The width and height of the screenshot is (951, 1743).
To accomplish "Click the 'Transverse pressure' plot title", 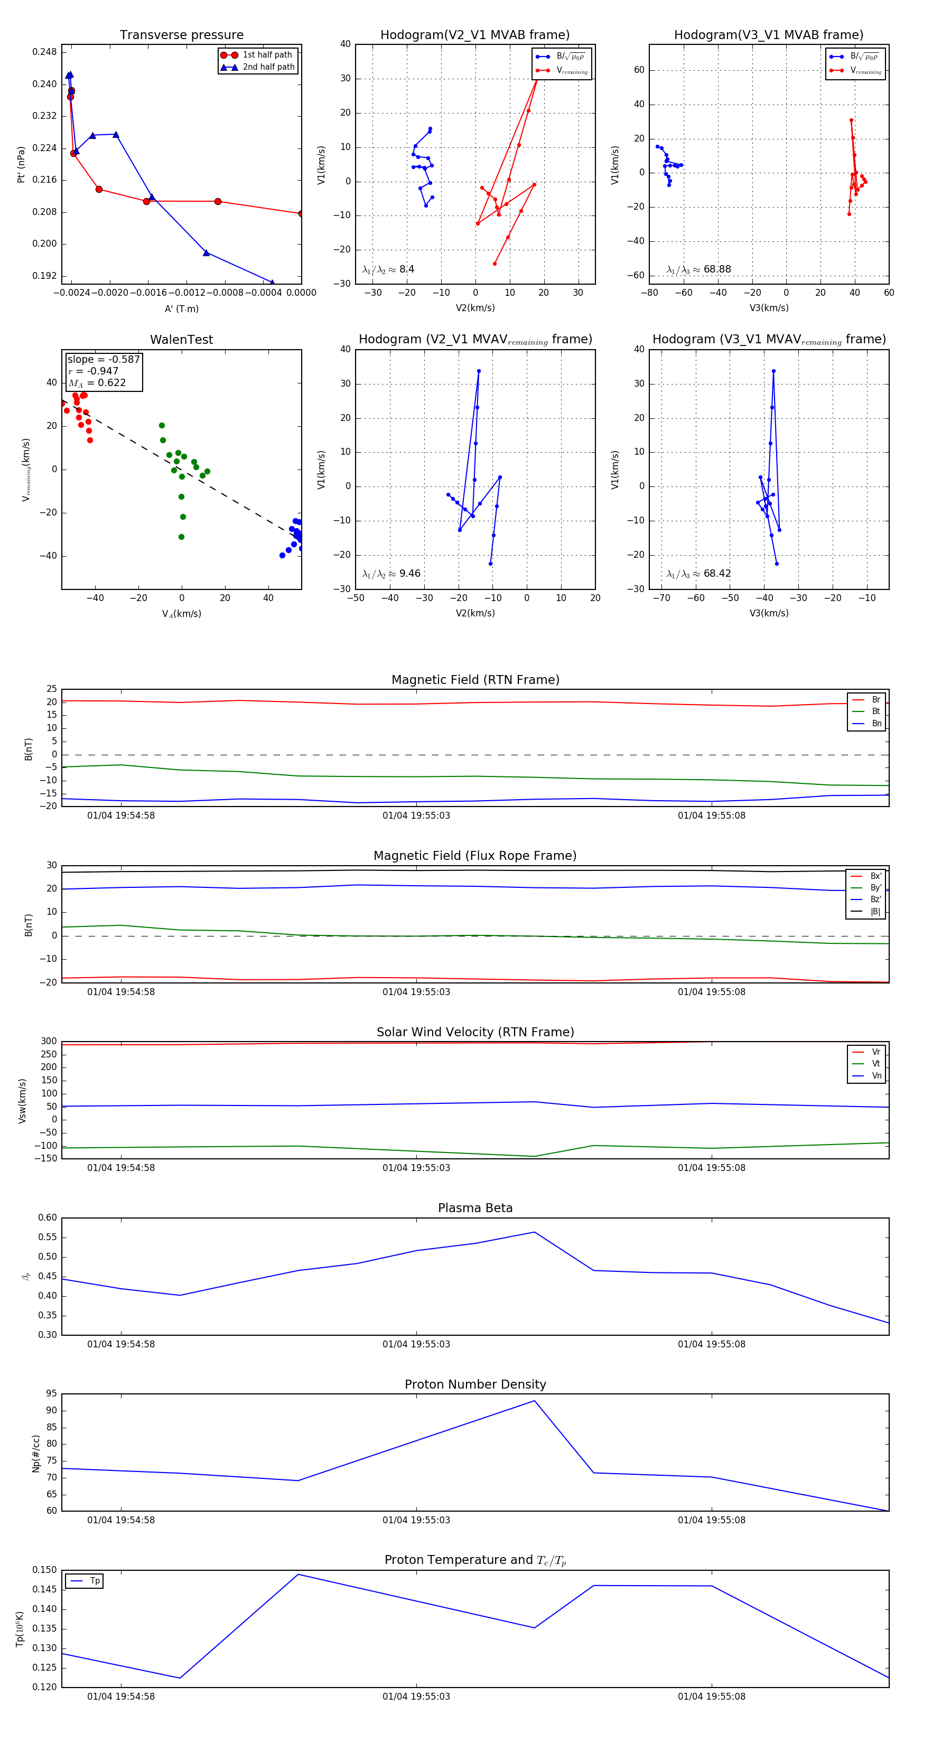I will tap(181, 35).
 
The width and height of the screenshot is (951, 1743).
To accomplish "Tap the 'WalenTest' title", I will tap(181, 340).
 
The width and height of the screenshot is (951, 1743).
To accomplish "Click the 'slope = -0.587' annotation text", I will tap(104, 359).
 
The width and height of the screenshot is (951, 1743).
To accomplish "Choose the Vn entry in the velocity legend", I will tap(876, 1076).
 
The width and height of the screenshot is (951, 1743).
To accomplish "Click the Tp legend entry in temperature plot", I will tap(94, 1581).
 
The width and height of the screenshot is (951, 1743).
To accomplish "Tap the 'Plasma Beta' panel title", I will tap(475, 1208).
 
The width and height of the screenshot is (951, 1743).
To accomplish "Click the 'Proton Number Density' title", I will tap(475, 1384).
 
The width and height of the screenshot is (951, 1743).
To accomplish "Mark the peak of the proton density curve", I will tap(534, 1401).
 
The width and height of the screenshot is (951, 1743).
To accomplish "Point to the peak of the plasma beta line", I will tap(534, 1232).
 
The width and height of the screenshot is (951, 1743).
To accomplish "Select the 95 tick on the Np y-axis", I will tap(51, 1394).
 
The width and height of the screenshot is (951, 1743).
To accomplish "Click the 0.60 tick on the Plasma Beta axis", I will tap(48, 1218).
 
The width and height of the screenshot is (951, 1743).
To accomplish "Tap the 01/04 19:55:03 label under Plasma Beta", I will tap(416, 1344).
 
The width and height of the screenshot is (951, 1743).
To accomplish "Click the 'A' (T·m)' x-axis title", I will tap(181, 309).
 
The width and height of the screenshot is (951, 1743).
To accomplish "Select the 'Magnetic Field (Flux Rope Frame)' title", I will tap(475, 856).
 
